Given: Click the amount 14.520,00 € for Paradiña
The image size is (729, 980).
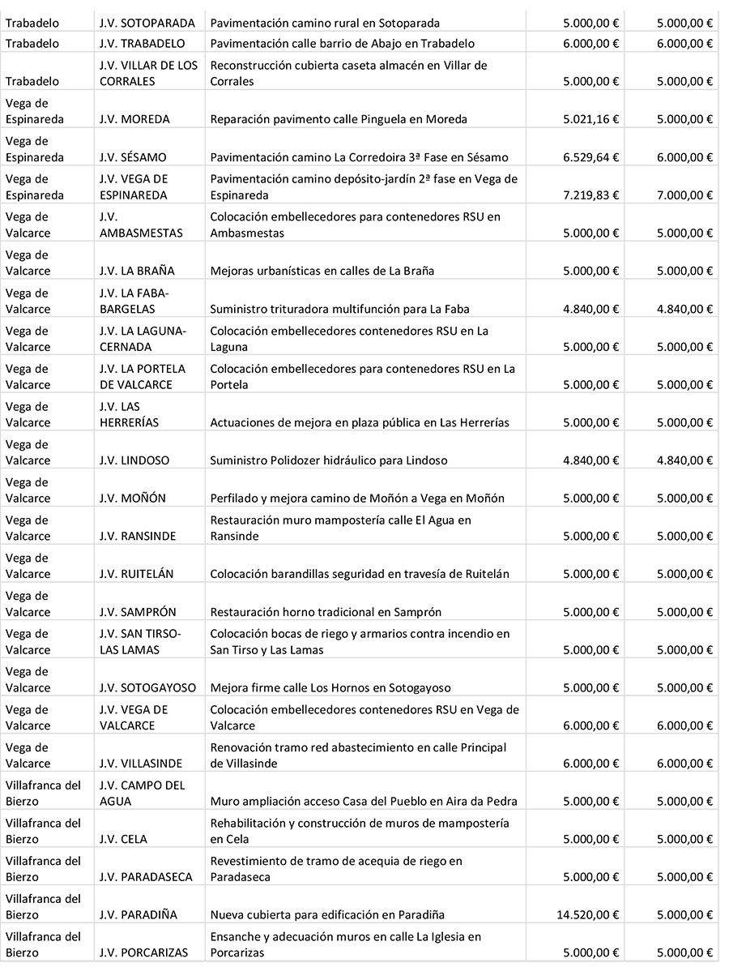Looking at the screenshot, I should (588, 914).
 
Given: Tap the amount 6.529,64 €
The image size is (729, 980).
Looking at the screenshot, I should (591, 157).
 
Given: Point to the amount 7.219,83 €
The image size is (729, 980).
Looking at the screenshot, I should (591, 195).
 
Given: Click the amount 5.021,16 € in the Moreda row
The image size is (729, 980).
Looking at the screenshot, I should (591, 119).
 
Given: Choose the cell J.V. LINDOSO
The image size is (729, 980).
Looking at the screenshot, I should (134, 460).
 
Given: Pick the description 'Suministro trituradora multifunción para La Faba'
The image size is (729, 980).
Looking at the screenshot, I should (339, 309).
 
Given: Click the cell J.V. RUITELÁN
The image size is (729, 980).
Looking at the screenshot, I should (138, 574).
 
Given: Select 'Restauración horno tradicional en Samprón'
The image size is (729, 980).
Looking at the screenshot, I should (326, 612).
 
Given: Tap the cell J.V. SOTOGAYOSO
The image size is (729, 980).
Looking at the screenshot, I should (147, 687).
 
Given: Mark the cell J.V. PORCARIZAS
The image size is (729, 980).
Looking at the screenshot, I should (143, 952).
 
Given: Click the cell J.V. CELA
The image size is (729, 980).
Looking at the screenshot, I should (123, 839).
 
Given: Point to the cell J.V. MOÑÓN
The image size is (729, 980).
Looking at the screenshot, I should (132, 499).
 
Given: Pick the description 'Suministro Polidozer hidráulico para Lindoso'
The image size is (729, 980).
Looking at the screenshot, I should (329, 460).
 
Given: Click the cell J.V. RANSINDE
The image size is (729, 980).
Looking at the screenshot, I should (138, 536).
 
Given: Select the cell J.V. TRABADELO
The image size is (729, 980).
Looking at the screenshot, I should (142, 44).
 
